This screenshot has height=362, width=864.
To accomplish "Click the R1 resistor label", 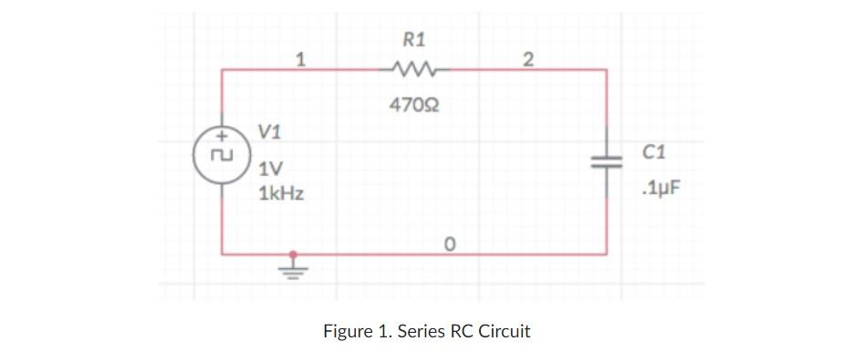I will point(413,38).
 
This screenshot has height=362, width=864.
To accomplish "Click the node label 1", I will point(299,60).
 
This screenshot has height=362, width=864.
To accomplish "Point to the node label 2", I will point(527,60).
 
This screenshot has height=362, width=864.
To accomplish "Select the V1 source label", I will point(270,131).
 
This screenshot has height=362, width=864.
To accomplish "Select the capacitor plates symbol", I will point(607,161).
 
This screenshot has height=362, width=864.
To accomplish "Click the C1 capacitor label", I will point(653,151).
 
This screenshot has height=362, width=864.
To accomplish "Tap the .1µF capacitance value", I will point(661,190).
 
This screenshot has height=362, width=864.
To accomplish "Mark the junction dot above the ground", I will point(292,254).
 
